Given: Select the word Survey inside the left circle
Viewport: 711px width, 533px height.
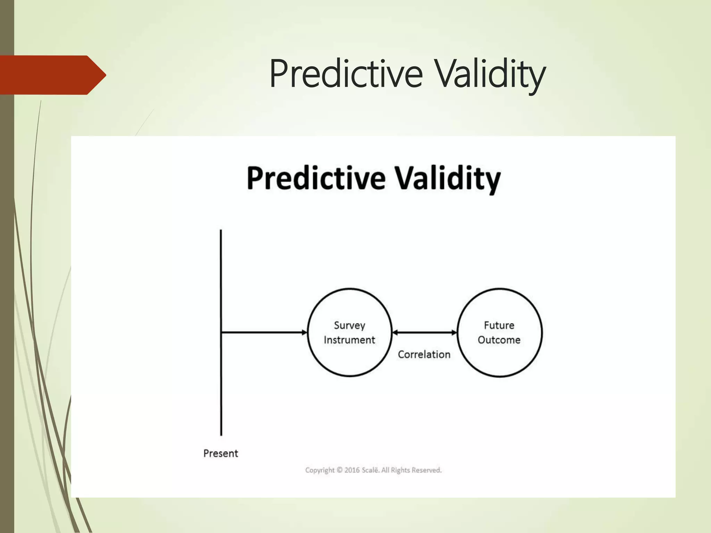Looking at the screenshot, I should (x=349, y=325).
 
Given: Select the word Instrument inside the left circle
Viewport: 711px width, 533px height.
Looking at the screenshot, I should (x=349, y=340).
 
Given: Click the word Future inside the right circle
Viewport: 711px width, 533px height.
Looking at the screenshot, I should (x=499, y=325).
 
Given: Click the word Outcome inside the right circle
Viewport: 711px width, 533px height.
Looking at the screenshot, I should (x=499, y=340).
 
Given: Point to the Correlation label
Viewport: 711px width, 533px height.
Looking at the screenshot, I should (x=424, y=355).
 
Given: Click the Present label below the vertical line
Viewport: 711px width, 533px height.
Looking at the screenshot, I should (x=220, y=454).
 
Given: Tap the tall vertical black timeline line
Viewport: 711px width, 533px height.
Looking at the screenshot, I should (x=221, y=278).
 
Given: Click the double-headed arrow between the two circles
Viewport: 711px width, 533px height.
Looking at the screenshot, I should (x=424, y=333).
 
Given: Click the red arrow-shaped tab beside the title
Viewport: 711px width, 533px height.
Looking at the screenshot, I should (x=52, y=75).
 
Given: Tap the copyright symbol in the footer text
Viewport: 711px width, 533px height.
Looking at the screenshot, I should (x=340, y=470).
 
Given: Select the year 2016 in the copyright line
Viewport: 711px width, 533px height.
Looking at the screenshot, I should (x=352, y=470).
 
